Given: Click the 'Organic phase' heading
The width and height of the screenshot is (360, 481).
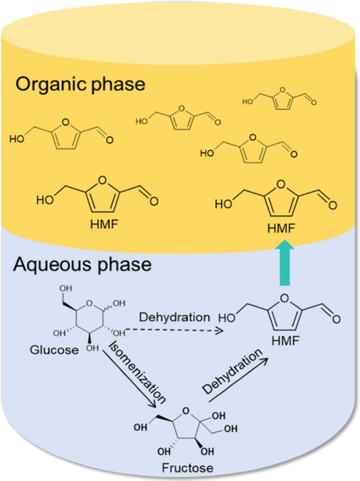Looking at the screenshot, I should tap(79, 84).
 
